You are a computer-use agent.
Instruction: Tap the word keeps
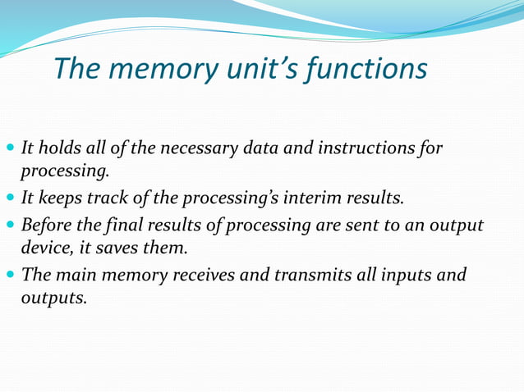[x=57, y=198]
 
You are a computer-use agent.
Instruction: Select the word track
[x=108, y=198]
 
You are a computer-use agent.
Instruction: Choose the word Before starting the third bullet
[x=48, y=225]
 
